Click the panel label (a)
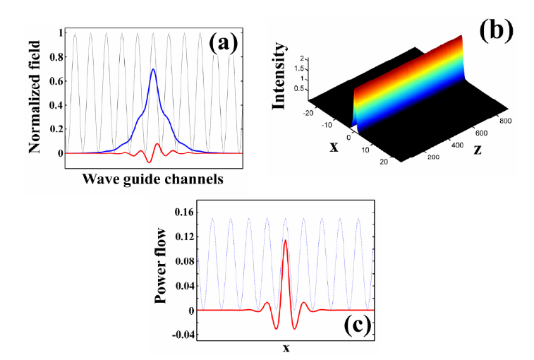click(223, 44)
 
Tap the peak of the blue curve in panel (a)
click(153, 69)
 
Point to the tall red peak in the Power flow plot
click(285, 240)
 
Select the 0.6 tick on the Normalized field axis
click(56, 81)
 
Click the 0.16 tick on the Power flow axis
click(184, 212)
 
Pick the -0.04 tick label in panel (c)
click(183, 335)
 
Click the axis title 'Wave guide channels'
click(153, 179)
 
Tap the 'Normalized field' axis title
click(35, 97)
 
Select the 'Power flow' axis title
click(160, 266)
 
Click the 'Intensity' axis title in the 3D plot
click(279, 76)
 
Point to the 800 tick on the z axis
click(505, 121)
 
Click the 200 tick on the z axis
click(433, 157)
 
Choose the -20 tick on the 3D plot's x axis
click(308, 113)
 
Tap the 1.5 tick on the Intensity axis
click(298, 69)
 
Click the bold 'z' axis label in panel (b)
click(478, 150)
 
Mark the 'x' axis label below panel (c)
click(286, 348)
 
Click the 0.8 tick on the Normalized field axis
click(56, 57)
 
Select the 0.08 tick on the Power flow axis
click(184, 261)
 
